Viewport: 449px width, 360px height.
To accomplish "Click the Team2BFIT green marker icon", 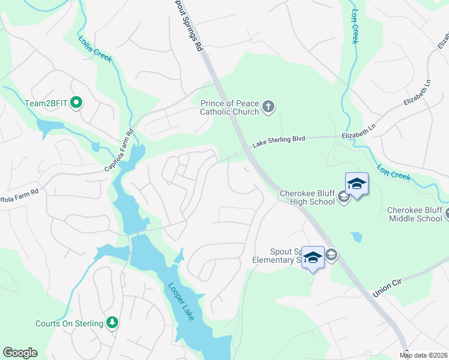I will (x=76, y=103).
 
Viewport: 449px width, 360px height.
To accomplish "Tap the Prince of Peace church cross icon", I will (x=268, y=107).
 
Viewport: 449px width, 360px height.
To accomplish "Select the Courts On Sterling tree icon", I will (x=112, y=323).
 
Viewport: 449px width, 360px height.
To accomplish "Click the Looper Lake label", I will (x=181, y=301).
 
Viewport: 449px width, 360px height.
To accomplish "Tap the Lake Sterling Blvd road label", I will (x=279, y=141).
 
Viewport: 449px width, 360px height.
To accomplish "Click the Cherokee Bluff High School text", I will (x=307, y=197).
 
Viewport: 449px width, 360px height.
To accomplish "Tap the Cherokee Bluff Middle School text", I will (x=414, y=214).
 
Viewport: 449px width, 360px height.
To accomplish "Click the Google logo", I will (x=20, y=353).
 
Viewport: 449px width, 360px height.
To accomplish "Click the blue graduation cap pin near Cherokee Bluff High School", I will (x=356, y=184).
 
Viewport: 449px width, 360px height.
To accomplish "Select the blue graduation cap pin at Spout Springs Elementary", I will (x=313, y=257).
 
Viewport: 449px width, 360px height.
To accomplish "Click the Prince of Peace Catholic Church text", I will (x=229, y=107).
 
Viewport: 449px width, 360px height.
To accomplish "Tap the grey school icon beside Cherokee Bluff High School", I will (x=343, y=197).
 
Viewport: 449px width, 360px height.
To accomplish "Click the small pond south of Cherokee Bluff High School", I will (x=357, y=237).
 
